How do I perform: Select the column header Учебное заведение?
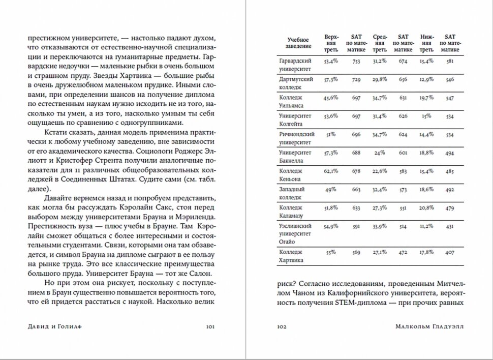(x=298, y=43)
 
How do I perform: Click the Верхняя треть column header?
(x=331, y=43)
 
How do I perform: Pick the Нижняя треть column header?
(x=427, y=43)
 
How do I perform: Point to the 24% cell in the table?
(x=379, y=152)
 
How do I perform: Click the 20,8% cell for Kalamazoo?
(x=427, y=207)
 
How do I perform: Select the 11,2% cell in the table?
(x=427, y=226)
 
